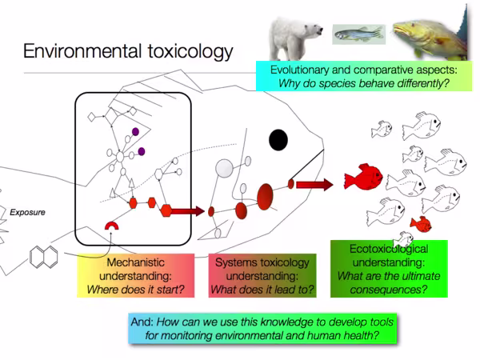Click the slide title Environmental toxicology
[128, 53]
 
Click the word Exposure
[27, 213]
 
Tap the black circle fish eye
[278, 139]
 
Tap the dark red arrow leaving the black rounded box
[187, 211]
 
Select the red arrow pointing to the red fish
[314, 185]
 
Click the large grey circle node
[225, 169]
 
